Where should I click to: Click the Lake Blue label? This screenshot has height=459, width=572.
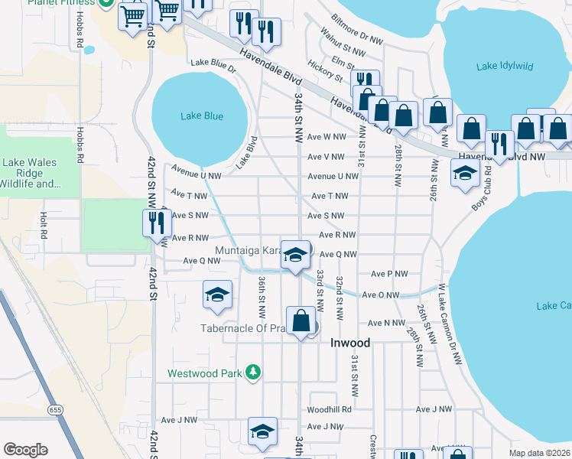[x=202, y=116]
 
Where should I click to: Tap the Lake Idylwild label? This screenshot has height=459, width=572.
[x=505, y=67]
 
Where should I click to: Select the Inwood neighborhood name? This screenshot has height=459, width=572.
[x=350, y=343]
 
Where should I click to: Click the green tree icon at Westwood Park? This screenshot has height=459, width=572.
[x=252, y=373]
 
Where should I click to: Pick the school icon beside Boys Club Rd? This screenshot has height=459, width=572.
[x=464, y=172]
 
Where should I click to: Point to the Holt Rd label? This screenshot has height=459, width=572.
[x=44, y=223]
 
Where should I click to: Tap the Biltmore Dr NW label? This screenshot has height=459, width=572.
[x=356, y=28]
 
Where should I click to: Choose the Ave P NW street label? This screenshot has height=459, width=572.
[x=389, y=274]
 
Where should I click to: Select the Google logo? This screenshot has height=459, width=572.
[x=26, y=450]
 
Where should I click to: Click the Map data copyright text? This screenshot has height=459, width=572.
[x=539, y=453]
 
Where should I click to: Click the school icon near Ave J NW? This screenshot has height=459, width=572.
[x=262, y=431]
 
